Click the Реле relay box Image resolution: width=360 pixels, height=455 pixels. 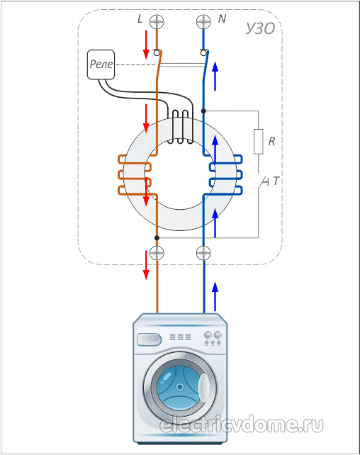(101, 64)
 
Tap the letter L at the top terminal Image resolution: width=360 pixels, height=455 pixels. (140, 19)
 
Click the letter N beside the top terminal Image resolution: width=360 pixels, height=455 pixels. (222, 19)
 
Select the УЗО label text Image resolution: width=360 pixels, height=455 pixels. (260, 28)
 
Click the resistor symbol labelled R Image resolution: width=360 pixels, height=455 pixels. (258, 141)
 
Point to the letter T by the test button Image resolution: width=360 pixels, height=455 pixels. (276, 181)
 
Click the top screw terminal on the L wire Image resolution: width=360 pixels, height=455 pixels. (157, 22)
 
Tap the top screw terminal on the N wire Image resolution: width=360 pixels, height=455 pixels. (203, 22)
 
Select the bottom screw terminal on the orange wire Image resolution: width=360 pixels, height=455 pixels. (157, 253)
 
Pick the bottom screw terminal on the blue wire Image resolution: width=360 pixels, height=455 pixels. (203, 253)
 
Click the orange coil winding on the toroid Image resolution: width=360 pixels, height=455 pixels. (135, 174)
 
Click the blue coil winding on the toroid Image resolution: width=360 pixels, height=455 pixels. (225, 174)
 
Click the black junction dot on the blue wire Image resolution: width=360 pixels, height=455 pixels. (203, 111)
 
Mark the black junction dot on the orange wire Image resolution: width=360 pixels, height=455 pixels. (157, 238)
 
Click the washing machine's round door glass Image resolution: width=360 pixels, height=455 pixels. (180, 387)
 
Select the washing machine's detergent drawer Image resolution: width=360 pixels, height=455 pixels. (149, 339)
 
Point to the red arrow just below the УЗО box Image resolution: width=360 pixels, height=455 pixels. (146, 265)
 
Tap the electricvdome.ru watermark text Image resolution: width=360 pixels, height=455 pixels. (242, 425)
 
